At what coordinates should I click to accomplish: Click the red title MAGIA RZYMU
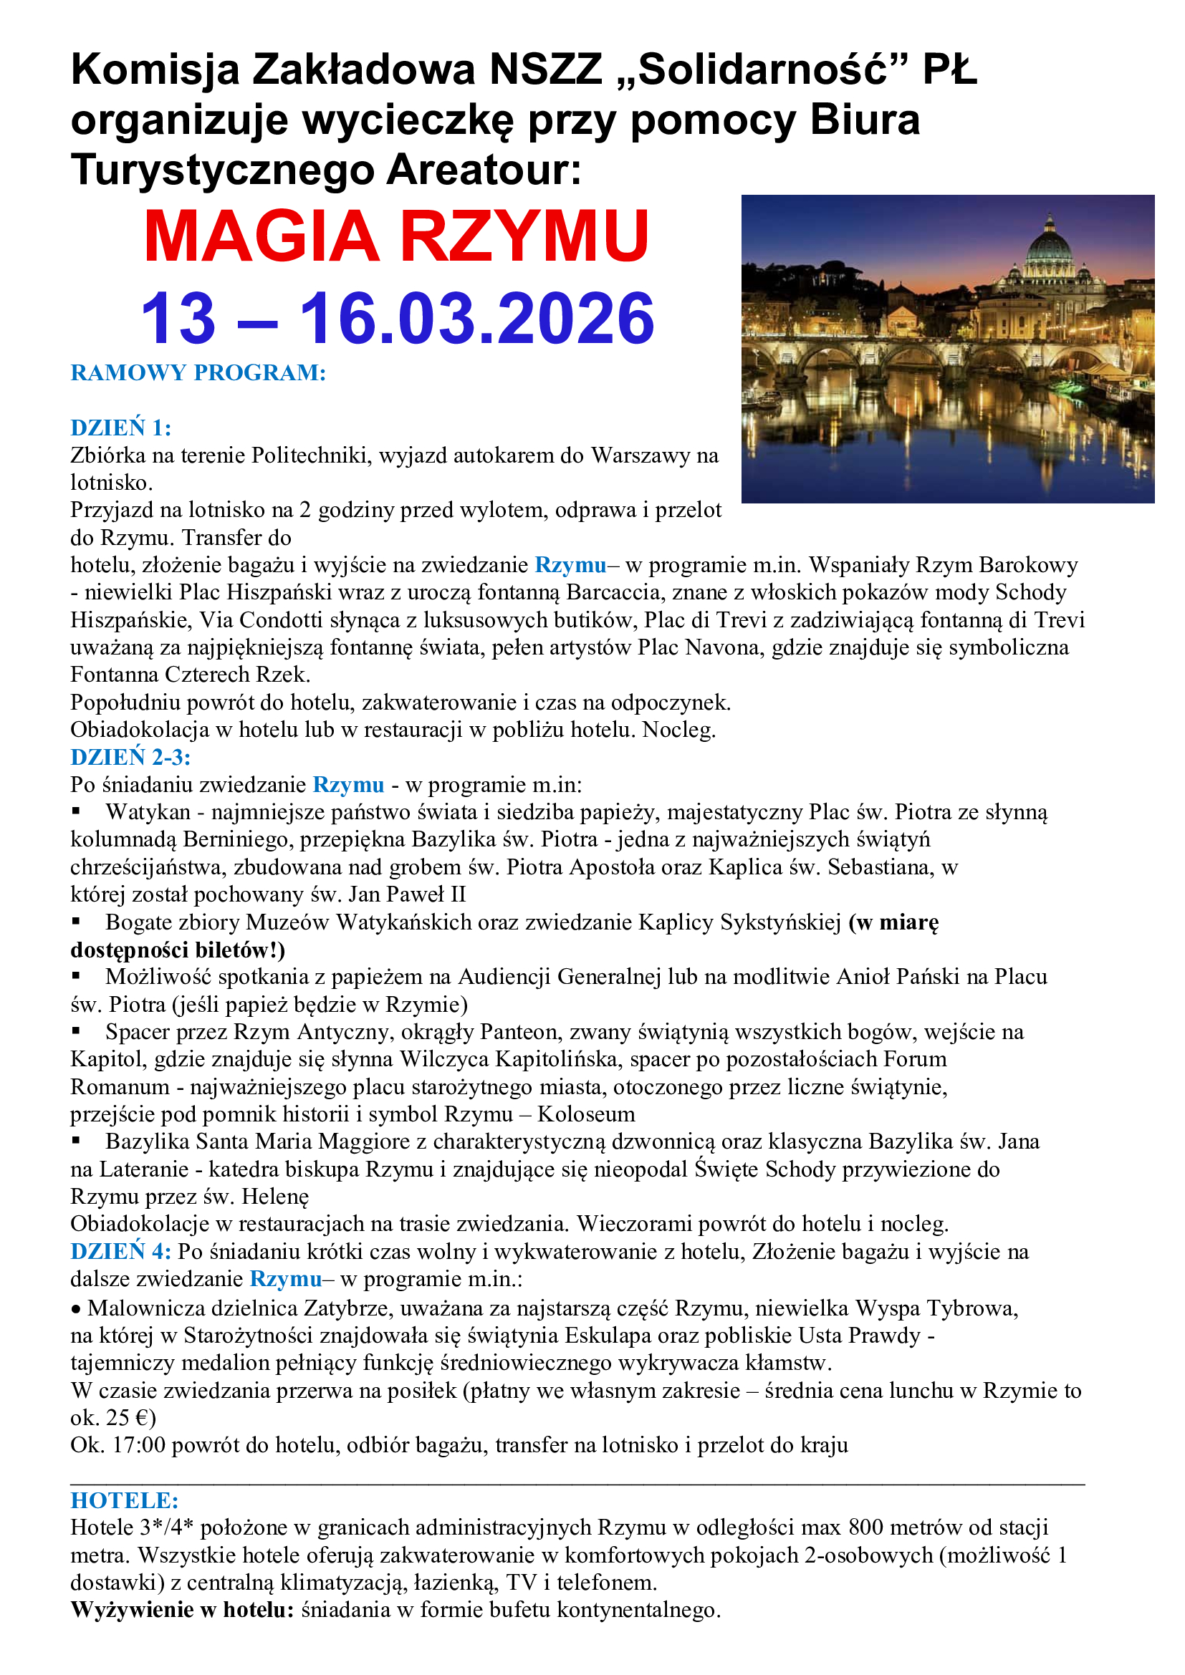click(x=396, y=236)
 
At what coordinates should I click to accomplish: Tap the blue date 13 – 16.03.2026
click(x=398, y=319)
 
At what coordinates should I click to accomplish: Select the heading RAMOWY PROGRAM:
click(x=198, y=373)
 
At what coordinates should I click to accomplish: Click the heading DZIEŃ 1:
click(x=121, y=428)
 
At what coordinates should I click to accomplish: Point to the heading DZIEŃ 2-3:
click(x=130, y=757)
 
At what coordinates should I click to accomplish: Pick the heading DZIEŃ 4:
click(x=121, y=1252)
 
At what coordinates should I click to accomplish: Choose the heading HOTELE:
click(x=125, y=1501)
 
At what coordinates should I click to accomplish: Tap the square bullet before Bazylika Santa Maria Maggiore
click(x=76, y=1140)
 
